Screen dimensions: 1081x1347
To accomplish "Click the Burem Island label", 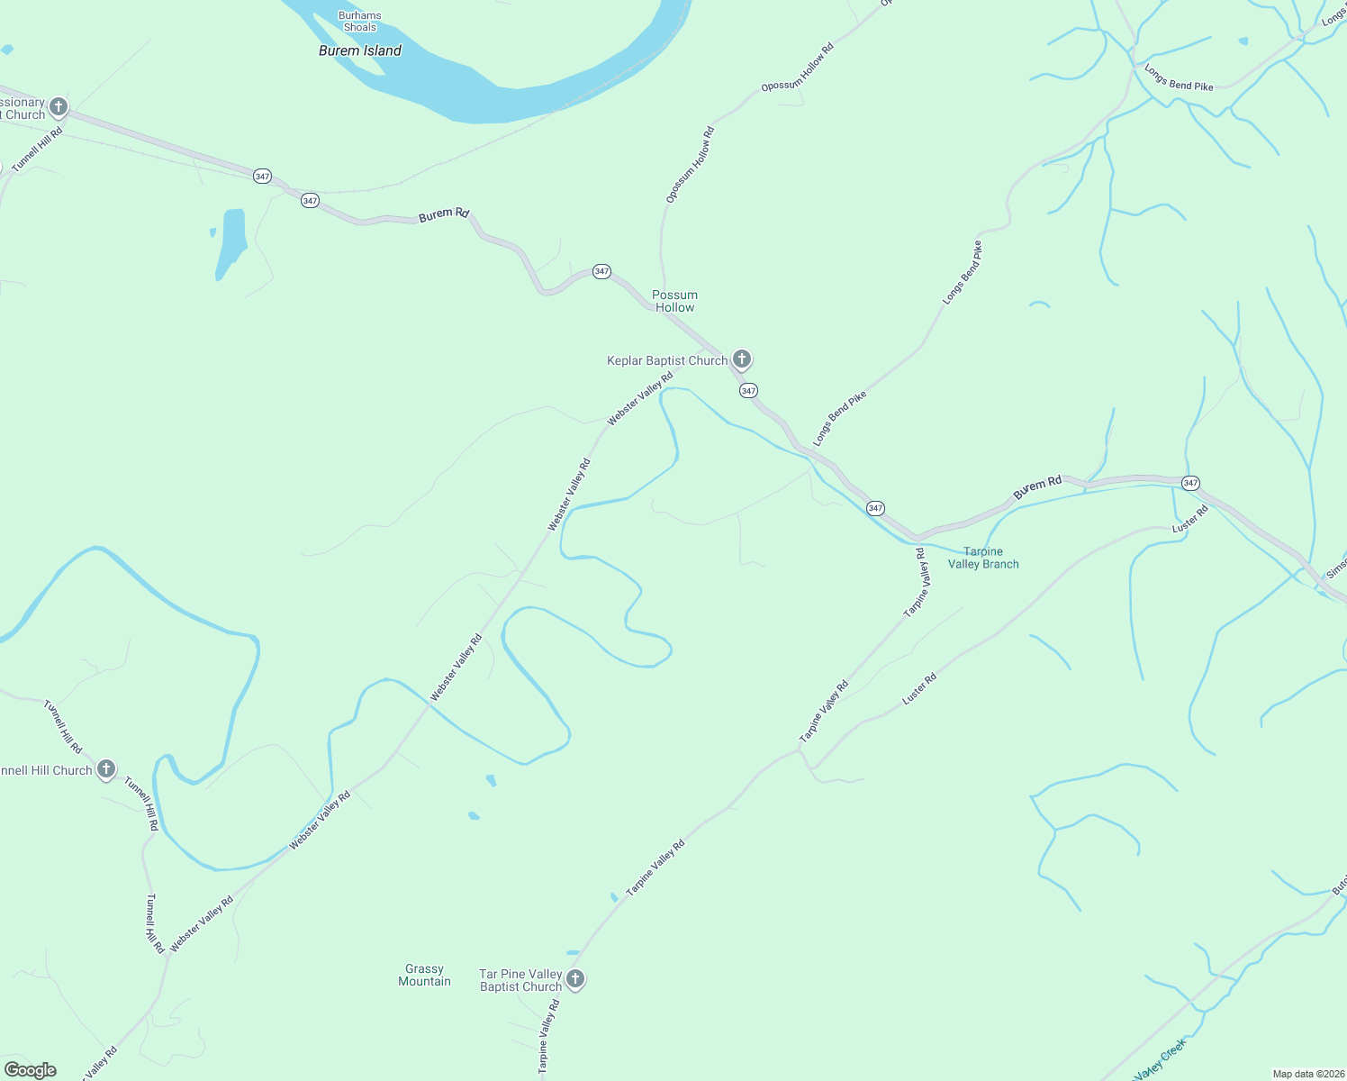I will click(x=359, y=50).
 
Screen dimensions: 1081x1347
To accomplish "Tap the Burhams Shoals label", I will click(x=359, y=22).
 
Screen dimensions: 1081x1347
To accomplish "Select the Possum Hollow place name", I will click(x=674, y=301).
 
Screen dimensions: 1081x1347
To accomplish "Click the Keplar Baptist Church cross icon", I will click(x=741, y=359).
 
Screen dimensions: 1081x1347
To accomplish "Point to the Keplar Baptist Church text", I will click(x=666, y=360).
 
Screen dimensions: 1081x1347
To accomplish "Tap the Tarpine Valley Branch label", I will click(x=983, y=558).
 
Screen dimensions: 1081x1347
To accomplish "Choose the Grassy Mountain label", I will click(x=424, y=975).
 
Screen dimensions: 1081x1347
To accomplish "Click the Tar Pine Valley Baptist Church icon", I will click(x=575, y=978).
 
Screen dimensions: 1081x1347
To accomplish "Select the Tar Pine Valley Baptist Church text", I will click(x=520, y=980).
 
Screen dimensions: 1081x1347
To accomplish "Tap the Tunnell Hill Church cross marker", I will click(x=106, y=768).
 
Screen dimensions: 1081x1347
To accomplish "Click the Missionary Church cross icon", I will click(x=59, y=107).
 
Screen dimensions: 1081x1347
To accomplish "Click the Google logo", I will click(x=30, y=1070).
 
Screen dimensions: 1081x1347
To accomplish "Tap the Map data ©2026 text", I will click(x=1307, y=1074).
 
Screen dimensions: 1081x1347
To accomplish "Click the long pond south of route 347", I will click(x=231, y=241).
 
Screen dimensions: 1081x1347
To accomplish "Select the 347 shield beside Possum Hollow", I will click(x=601, y=271).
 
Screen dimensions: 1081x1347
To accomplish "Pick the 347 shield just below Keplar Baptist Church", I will click(x=748, y=390).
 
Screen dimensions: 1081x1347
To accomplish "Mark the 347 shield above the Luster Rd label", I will click(x=1190, y=483).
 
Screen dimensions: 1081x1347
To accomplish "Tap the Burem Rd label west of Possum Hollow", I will click(x=444, y=214).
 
